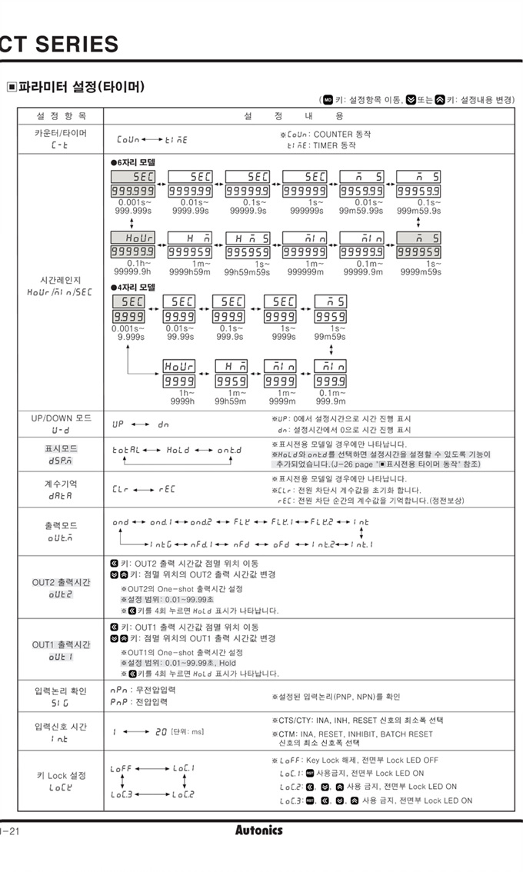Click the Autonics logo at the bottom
[258, 830]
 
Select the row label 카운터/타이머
[61, 133]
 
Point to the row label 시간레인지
[61, 280]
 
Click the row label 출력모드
[61, 527]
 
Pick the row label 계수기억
[61, 484]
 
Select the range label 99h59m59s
[247, 271]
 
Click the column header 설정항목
[61, 115]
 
